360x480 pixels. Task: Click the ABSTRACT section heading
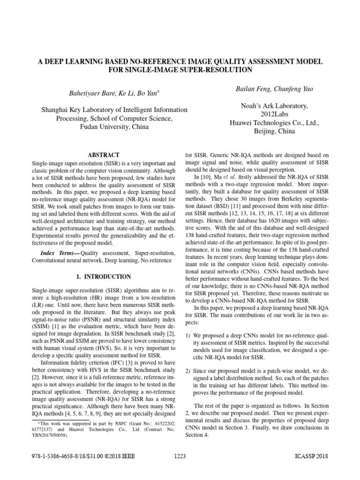pyautogui.click(x=104, y=155)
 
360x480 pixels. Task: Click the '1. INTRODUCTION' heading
pyautogui.click(x=104, y=277)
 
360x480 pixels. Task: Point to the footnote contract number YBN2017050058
pyautogui.click(x=49, y=435)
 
